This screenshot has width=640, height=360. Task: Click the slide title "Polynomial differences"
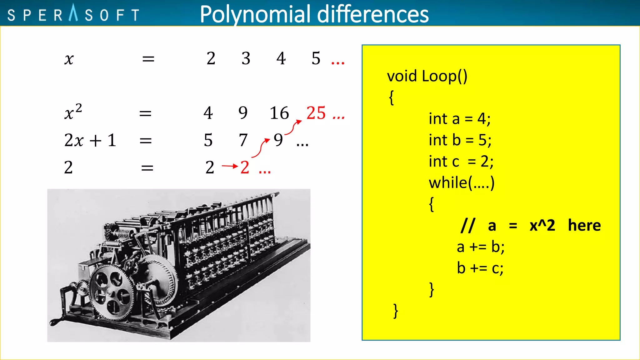(x=314, y=14)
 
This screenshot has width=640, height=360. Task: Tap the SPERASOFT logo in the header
(x=73, y=14)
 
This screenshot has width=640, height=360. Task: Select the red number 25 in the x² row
(x=316, y=113)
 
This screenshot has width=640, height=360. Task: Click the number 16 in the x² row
(x=279, y=113)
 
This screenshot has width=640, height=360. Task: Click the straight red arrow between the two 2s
(x=230, y=166)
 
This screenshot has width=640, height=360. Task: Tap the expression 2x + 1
(x=90, y=140)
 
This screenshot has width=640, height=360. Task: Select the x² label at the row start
(x=73, y=112)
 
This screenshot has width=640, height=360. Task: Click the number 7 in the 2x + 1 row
(x=243, y=140)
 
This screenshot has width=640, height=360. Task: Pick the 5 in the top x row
(x=316, y=58)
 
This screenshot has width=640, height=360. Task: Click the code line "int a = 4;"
(x=459, y=119)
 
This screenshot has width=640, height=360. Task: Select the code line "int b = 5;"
(x=460, y=140)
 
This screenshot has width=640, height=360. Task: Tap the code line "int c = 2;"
(x=461, y=162)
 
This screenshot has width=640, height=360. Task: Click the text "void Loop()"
(x=427, y=76)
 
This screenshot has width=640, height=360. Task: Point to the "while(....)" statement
(x=462, y=183)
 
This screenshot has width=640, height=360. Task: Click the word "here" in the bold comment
(x=584, y=225)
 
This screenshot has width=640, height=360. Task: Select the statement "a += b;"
(x=480, y=247)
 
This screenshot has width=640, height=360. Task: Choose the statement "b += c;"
(x=480, y=268)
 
